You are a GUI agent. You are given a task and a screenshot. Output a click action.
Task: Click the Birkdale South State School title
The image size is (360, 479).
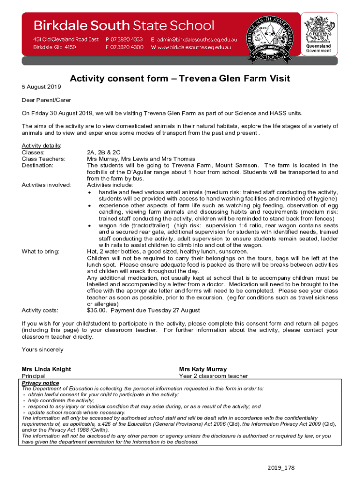123,25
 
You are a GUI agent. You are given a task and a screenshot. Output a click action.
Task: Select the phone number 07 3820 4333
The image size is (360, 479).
124,40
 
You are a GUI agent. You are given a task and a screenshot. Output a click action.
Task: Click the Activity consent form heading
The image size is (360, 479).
180,79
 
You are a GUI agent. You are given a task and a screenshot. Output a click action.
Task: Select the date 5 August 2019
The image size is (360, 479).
42,87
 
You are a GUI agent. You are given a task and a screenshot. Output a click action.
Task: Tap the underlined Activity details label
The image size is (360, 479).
42,145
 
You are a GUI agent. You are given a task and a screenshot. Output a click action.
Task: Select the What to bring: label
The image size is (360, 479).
41,251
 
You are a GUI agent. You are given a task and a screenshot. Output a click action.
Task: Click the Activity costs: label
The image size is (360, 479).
40,310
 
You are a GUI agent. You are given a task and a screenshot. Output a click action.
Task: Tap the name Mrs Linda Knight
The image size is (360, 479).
46,369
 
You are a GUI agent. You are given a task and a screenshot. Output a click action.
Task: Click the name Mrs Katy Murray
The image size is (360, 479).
203,369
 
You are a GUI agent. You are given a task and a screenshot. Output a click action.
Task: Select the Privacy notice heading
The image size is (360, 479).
40,383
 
